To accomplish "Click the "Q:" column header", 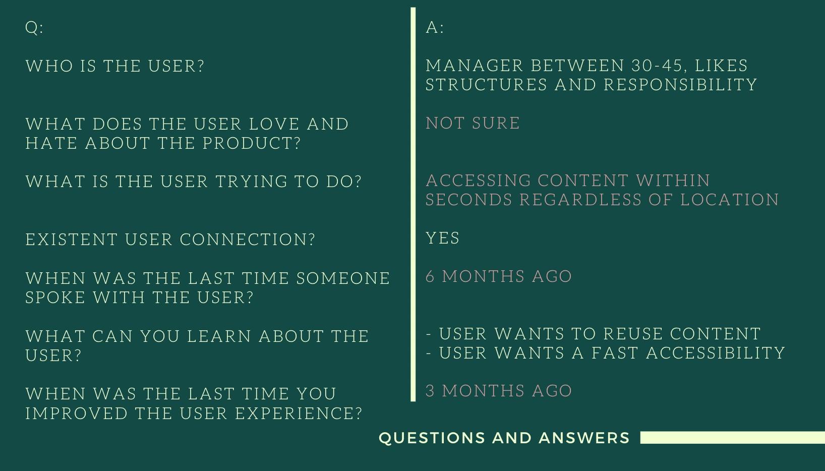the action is (x=34, y=28).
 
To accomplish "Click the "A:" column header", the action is (x=435, y=28).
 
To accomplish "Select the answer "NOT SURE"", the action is (x=473, y=123).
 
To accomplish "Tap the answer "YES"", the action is (x=443, y=238).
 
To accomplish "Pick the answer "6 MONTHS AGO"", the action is (x=499, y=276).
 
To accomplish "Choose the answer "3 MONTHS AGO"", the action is (x=499, y=391).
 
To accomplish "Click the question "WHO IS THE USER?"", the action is (x=114, y=66).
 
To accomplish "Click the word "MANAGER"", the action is (x=475, y=66).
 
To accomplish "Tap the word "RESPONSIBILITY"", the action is (x=680, y=85).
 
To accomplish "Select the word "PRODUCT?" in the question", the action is (x=252, y=143).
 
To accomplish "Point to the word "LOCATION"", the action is (x=729, y=200).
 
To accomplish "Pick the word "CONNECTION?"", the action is (x=248, y=240).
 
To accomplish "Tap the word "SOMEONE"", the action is (x=343, y=278).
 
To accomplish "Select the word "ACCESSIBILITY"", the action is (x=716, y=353).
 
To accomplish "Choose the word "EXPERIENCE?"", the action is (x=299, y=414).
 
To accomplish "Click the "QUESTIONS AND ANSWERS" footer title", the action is (x=504, y=438).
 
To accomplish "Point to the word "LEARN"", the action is (x=219, y=336).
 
